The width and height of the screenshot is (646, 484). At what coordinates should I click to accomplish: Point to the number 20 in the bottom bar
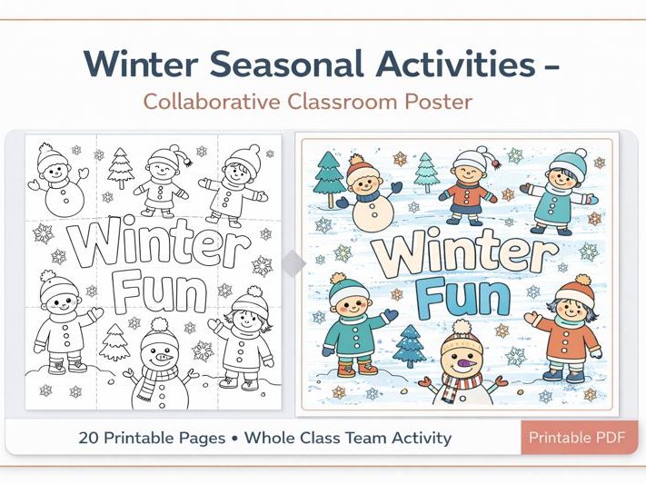(x=89, y=438)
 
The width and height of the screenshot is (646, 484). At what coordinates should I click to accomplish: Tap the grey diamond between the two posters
(x=293, y=263)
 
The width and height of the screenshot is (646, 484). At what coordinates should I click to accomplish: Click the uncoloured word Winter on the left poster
(x=160, y=247)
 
